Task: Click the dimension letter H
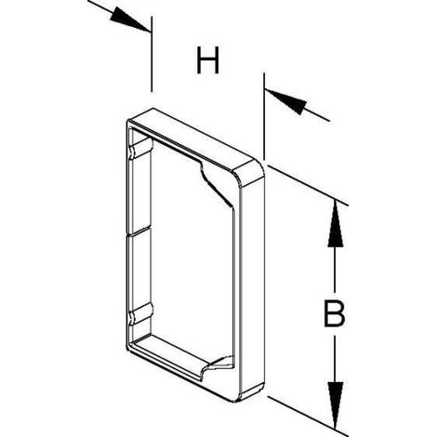[x=207, y=60]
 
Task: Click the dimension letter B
[x=334, y=313]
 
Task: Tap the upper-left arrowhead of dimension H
[x=129, y=20]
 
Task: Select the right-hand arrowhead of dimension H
[x=285, y=101]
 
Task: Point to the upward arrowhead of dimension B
[x=335, y=224]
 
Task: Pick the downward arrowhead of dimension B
[x=336, y=406]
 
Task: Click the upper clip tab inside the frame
[x=141, y=149]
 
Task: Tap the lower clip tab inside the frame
[x=141, y=314]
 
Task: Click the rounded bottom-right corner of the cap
[x=248, y=393]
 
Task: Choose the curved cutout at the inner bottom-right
[x=218, y=365]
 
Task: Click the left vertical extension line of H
[x=152, y=54]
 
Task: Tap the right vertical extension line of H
[x=264, y=116]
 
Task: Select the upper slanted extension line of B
[x=308, y=186]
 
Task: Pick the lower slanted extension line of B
[x=308, y=416]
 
